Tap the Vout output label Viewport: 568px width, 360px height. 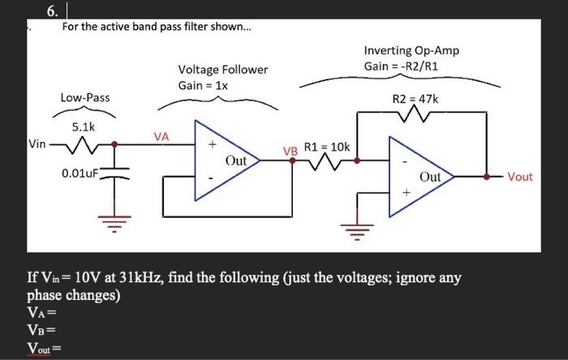click(x=520, y=177)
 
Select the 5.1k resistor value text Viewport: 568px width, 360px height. click(x=84, y=126)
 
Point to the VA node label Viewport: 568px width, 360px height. click(x=161, y=137)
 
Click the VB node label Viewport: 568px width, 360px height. click(x=290, y=151)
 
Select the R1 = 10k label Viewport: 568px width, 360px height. click(x=326, y=147)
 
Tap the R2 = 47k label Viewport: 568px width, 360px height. click(x=415, y=99)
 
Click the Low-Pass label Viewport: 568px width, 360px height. click(x=85, y=98)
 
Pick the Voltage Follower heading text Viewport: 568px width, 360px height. click(x=222, y=70)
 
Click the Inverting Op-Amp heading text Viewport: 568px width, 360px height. click(x=411, y=50)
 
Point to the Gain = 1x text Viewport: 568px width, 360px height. click(x=203, y=86)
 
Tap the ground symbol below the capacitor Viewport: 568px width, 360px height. click(x=114, y=220)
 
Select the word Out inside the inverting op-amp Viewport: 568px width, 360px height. click(x=430, y=176)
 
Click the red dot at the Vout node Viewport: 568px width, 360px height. click(x=487, y=175)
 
